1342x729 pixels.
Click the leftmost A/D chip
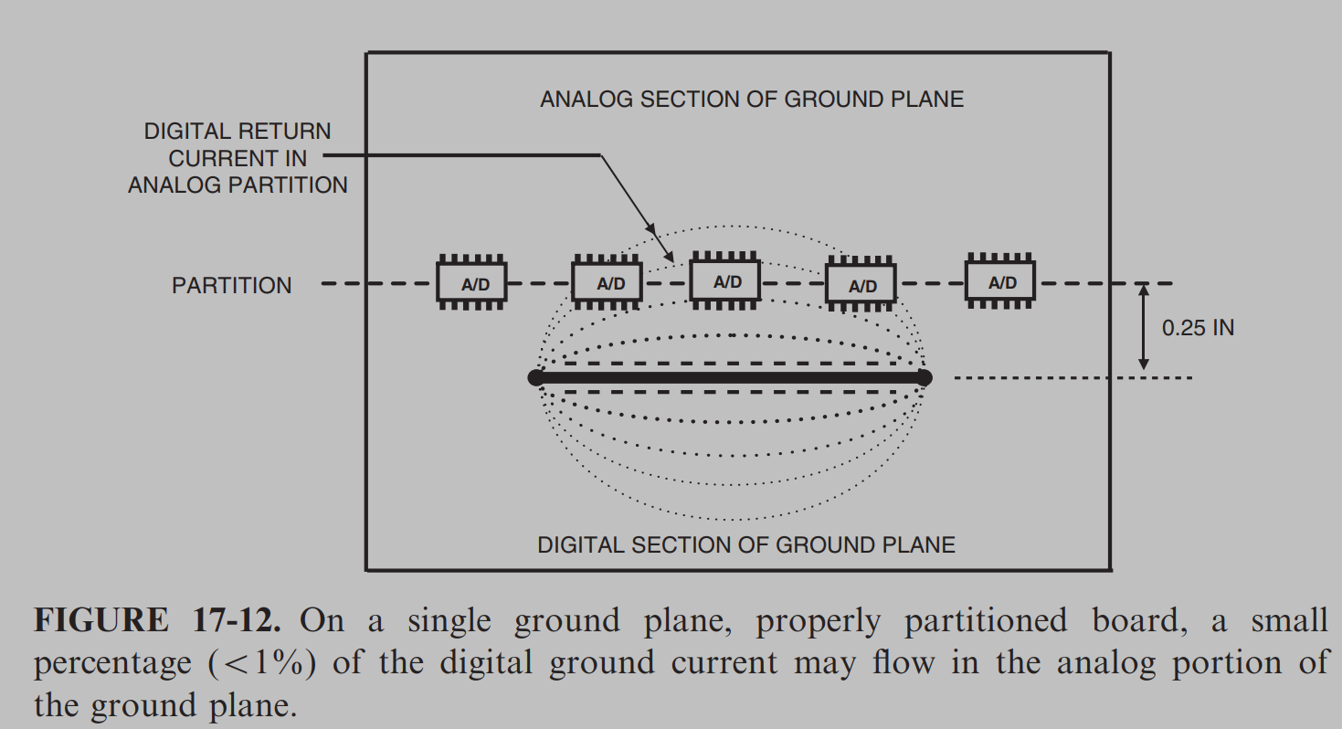coord(471,282)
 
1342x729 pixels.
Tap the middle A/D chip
coord(725,280)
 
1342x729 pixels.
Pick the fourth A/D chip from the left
coord(861,284)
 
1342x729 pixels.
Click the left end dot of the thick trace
coord(536,378)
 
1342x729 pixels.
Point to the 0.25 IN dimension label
coord(1198,328)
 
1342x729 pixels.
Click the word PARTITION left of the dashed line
coord(232,286)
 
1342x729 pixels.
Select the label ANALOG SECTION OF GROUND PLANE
coord(752,99)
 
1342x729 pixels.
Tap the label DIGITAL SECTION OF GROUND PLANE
coord(746,545)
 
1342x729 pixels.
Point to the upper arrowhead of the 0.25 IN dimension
coord(1144,290)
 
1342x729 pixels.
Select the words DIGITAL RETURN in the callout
coord(238,132)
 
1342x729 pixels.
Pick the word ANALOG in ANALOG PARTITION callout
coord(175,185)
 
